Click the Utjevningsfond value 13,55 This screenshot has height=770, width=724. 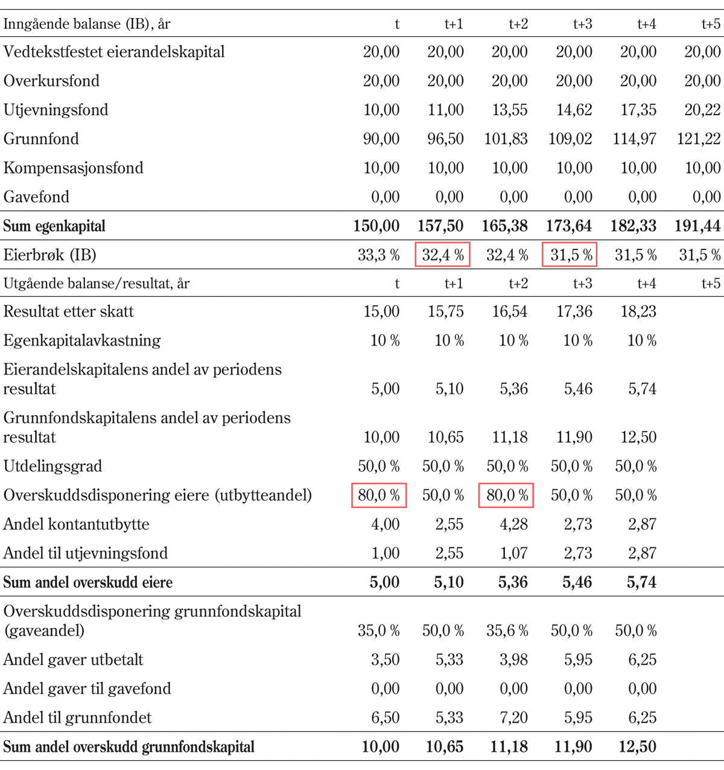[509, 110]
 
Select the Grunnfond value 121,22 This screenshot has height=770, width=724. [699, 139]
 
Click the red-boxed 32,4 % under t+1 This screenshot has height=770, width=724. [443, 255]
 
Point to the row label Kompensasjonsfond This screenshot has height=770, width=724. [74, 168]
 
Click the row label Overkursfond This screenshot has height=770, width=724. [51, 81]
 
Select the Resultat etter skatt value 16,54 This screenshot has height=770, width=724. [509, 312]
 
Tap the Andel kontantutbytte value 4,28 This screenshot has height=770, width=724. [513, 524]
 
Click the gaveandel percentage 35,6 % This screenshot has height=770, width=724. [507, 631]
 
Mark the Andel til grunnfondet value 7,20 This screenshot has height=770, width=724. [513, 718]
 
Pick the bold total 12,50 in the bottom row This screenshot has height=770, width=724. [637, 747]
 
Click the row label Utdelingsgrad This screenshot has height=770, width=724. [53, 466]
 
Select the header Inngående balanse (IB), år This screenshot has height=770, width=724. [87, 24]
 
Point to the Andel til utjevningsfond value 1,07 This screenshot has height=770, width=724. [513, 553]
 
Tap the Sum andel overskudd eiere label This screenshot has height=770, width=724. [88, 582]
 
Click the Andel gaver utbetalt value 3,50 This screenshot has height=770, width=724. [385, 660]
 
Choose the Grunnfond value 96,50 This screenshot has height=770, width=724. [445, 139]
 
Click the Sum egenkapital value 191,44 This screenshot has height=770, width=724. [697, 226]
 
